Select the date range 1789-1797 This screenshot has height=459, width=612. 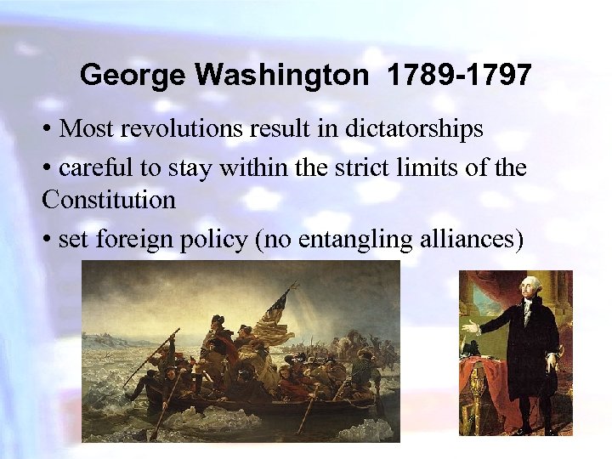(459, 76)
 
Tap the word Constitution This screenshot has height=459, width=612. (109, 201)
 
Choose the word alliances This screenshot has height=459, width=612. (467, 240)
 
